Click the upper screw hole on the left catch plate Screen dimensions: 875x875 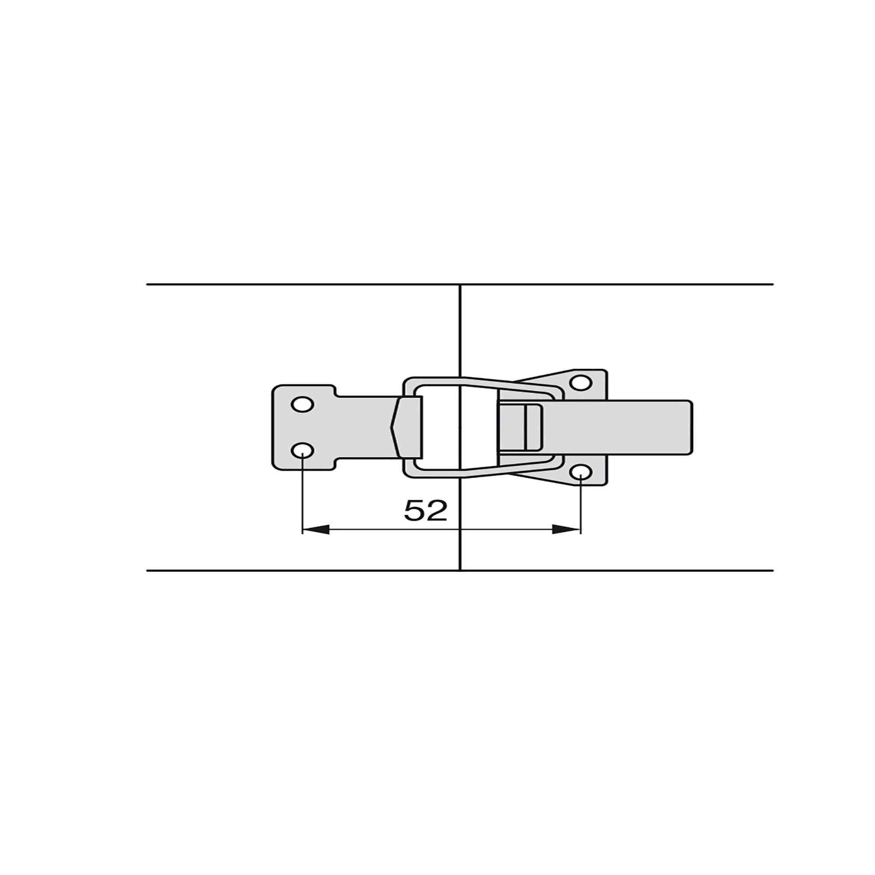tap(302, 404)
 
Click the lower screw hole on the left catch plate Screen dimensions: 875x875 tap(302, 451)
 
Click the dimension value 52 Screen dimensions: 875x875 tap(425, 511)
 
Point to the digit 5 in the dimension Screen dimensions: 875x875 tap(414, 511)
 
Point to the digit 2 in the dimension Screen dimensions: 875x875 tap(437, 511)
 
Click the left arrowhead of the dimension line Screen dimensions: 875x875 tap(316, 529)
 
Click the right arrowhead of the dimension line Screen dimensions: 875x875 tap(567, 529)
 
